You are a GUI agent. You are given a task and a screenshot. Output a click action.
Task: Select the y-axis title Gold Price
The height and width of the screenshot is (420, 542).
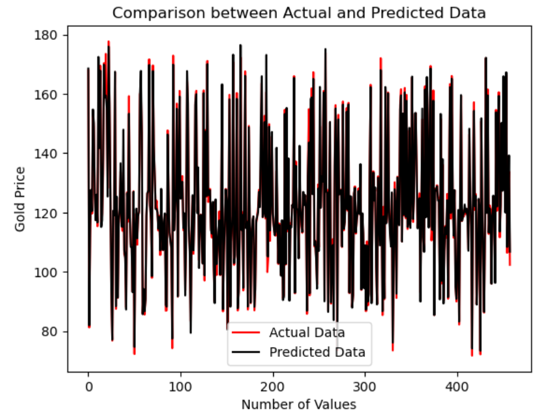pos(20,199)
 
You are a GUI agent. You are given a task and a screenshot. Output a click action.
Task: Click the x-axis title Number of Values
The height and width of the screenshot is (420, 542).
pos(299,404)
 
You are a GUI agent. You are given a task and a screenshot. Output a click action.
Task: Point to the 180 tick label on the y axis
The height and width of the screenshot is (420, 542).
pos(51,35)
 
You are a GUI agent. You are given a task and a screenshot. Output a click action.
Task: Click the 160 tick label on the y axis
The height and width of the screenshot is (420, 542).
pos(51,94)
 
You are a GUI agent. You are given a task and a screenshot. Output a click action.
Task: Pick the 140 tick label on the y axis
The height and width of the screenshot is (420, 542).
pos(51,154)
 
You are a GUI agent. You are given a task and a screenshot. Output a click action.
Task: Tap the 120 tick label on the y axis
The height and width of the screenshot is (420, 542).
pos(51,213)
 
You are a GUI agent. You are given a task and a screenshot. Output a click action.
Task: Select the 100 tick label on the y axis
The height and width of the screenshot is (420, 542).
pos(51,272)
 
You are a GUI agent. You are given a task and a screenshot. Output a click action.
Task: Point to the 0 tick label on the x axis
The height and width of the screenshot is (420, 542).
pos(89,386)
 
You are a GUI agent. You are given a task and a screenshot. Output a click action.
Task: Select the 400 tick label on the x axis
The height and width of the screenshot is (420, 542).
pos(458,386)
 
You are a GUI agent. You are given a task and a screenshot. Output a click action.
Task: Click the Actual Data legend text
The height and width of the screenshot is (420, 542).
pos(307,332)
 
